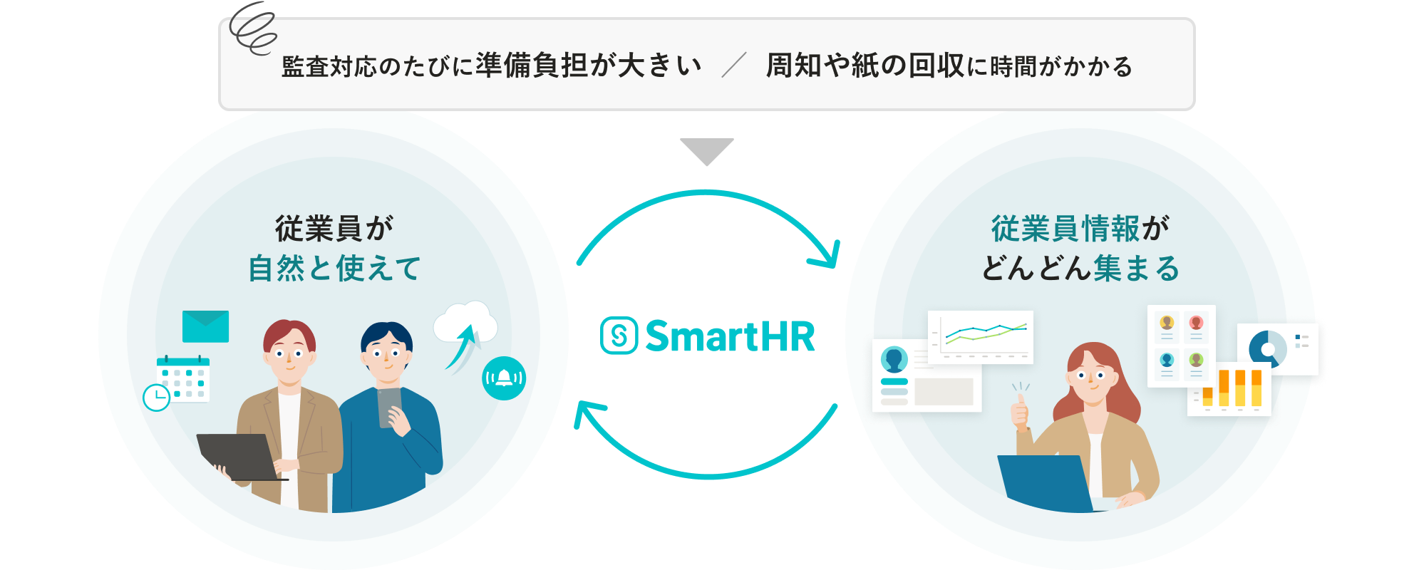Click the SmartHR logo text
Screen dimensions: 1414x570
pos(730,336)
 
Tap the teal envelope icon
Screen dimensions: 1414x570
pos(205,326)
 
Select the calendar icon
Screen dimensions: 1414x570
pos(183,379)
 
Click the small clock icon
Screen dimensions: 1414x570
pos(156,397)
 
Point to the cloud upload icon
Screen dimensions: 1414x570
pos(465,331)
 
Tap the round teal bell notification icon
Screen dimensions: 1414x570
pos(504,378)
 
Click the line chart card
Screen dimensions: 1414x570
pos(981,336)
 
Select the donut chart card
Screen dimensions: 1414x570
pos(1278,348)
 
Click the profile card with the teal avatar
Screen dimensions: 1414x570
pos(926,376)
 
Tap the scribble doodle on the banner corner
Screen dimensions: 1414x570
pos(252,28)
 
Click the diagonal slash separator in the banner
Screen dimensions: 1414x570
pos(734,65)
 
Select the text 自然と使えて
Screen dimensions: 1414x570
pos(334,269)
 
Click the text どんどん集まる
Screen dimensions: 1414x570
pos(1080,269)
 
